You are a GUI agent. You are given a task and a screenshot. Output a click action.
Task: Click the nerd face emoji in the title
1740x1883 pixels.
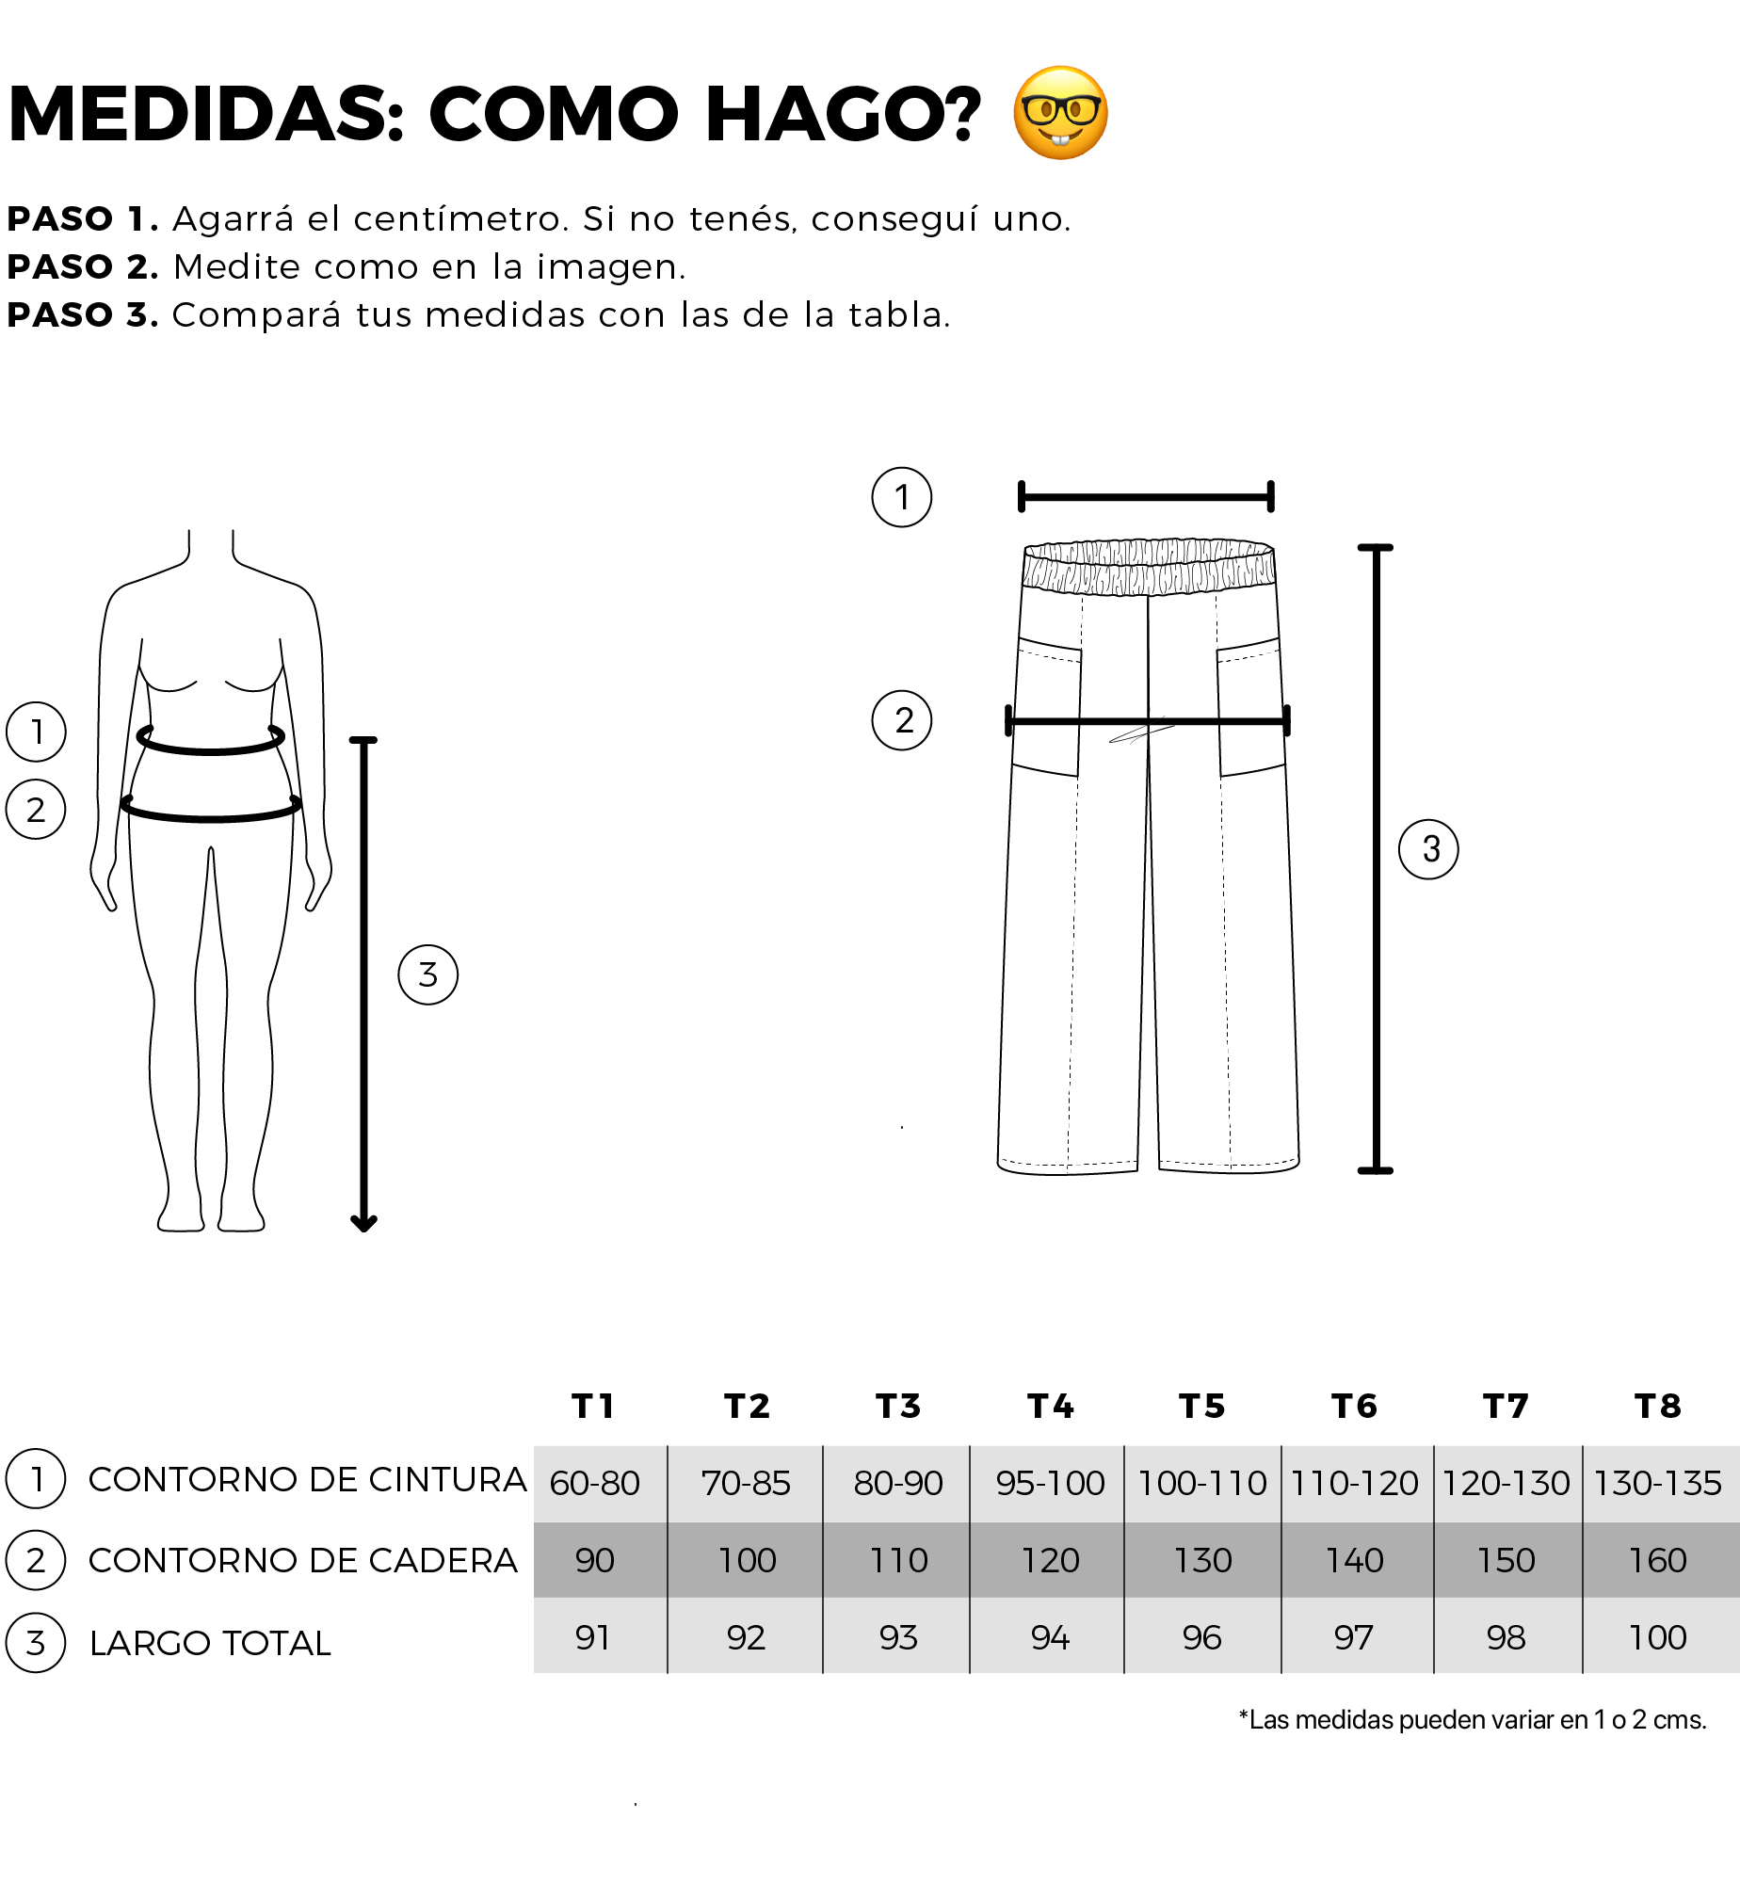coord(1060,113)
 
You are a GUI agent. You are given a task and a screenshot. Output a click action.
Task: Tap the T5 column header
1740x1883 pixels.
coord(1202,1406)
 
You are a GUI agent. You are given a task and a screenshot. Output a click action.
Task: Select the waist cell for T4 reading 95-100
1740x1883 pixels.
coord(1050,1483)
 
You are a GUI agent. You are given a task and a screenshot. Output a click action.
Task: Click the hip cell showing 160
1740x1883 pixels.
coord(1658,1560)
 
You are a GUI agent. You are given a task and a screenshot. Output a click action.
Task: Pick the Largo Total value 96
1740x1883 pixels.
coord(1202,1637)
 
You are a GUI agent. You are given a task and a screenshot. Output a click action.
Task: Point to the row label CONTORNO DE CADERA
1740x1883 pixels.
coord(303,1560)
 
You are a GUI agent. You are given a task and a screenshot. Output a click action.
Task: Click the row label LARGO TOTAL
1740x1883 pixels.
coord(210,1643)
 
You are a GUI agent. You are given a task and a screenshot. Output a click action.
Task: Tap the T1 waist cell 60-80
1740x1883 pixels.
coord(595,1483)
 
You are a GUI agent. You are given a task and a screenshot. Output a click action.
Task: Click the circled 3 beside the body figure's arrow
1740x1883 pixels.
coord(428,974)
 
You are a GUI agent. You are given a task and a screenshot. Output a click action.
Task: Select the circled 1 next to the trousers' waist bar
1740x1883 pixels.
coord(902,497)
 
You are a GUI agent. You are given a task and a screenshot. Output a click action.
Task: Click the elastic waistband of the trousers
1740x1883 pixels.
coord(1149,567)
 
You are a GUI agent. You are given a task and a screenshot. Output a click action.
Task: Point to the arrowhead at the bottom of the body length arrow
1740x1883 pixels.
coord(363,1223)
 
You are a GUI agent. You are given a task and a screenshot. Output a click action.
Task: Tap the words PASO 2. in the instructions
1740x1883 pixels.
coord(83,266)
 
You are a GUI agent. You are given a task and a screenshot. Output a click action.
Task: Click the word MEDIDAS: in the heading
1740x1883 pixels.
coord(206,114)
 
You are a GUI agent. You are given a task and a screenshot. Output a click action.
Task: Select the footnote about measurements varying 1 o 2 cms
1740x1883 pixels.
coord(1473,1719)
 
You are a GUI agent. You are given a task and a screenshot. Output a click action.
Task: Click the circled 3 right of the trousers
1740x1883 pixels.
coord(1428,849)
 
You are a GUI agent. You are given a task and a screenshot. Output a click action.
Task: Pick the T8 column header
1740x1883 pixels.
coord(1658,1406)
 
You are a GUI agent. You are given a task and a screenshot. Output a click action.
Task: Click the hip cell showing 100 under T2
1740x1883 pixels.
coord(747,1560)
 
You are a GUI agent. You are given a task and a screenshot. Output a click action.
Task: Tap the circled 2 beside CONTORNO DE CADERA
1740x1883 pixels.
coord(36,1560)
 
